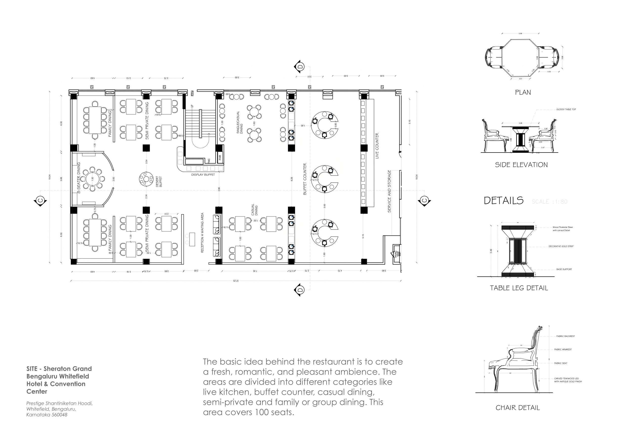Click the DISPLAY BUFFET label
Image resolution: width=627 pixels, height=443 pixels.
(x=203, y=175)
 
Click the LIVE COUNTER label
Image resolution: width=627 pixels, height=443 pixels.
(x=377, y=146)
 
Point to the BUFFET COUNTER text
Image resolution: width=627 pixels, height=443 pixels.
(x=305, y=179)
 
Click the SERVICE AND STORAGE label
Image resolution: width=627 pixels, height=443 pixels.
(x=389, y=191)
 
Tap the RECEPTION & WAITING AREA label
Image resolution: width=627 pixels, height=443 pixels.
(x=202, y=233)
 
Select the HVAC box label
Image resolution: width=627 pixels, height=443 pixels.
(x=395, y=254)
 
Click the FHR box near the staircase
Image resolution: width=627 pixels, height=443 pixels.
(x=220, y=157)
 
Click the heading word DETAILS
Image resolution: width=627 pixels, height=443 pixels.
(x=504, y=201)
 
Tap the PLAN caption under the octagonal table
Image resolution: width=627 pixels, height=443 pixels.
(x=523, y=92)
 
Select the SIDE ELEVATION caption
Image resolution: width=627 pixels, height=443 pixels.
(x=521, y=165)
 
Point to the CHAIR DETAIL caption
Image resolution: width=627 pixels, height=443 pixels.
(x=518, y=408)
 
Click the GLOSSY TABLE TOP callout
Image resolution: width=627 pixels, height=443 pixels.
(x=566, y=109)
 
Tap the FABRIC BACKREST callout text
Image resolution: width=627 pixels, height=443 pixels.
(x=566, y=336)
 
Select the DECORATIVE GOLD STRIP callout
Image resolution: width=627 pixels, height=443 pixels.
(x=561, y=246)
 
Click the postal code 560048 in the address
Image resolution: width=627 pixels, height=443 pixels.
(x=59, y=415)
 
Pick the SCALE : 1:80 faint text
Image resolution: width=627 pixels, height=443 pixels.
(x=549, y=202)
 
